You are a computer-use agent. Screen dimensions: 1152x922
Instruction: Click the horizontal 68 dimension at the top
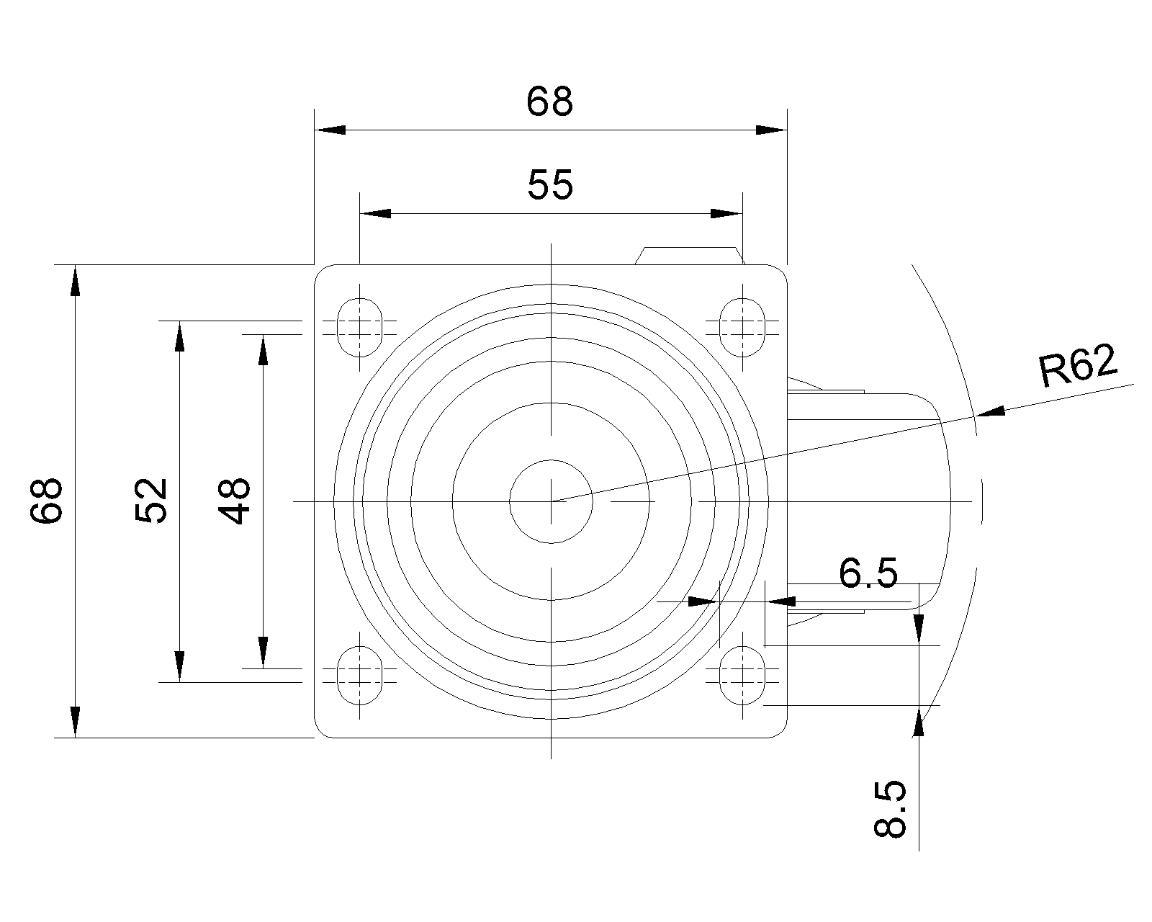click(x=550, y=102)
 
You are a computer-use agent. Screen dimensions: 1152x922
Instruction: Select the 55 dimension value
click(x=550, y=185)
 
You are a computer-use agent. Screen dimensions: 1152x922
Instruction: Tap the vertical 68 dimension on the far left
click(x=47, y=501)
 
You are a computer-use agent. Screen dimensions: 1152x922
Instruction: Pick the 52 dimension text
click(x=151, y=501)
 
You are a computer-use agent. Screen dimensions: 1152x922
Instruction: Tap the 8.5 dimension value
click(x=889, y=808)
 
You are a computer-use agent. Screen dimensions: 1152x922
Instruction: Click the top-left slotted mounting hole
click(x=360, y=327)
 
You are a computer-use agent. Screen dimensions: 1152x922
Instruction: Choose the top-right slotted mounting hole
click(x=742, y=327)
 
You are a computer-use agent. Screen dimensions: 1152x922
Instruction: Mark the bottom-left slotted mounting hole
click(x=360, y=675)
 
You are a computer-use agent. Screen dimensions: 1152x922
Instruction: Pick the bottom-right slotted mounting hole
click(x=742, y=675)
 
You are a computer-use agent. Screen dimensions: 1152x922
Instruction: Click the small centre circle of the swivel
click(x=551, y=501)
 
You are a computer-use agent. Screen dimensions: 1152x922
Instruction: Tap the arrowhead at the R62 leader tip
click(x=990, y=411)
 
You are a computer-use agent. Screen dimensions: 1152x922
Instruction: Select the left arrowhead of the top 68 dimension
click(x=330, y=130)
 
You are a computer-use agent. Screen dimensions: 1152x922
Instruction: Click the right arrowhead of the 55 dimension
click(x=726, y=214)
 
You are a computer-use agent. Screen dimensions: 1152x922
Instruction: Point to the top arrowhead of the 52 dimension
click(x=179, y=336)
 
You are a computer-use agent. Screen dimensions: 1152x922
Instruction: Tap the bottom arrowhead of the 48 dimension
click(x=263, y=653)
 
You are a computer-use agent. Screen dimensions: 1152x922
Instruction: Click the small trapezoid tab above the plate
click(x=690, y=256)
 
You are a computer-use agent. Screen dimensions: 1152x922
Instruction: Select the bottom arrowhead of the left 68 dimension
click(x=75, y=722)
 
